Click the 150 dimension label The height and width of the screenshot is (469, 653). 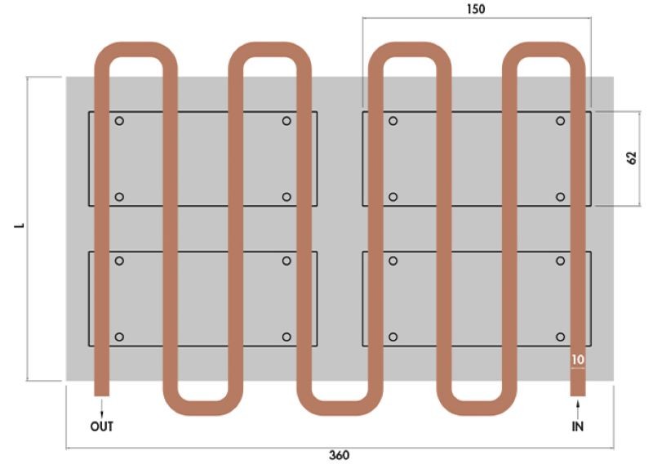point(476,9)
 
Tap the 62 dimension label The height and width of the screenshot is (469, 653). point(631,158)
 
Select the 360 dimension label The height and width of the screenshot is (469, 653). point(339,455)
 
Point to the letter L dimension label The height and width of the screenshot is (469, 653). point(20,226)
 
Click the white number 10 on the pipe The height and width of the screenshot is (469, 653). point(578,360)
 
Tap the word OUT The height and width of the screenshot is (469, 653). point(101,426)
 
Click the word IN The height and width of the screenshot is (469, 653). point(578,426)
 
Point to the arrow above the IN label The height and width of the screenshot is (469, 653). point(578,409)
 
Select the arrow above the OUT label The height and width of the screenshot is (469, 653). point(101,409)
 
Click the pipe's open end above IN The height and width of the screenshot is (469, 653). point(578,395)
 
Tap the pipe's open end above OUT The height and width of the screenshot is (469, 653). point(101,395)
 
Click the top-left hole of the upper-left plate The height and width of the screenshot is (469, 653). point(119,121)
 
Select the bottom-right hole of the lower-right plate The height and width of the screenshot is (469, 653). point(561,337)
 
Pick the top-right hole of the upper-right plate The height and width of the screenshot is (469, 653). point(561,121)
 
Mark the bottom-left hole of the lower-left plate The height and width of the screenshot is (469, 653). point(119,337)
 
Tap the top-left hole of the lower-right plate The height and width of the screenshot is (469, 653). point(393,261)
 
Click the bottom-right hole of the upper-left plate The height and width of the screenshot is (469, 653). point(287,197)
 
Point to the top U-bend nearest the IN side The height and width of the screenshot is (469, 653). point(544,50)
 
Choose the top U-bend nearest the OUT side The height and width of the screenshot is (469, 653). point(135,50)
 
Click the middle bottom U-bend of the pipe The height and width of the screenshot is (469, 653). point(340,409)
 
